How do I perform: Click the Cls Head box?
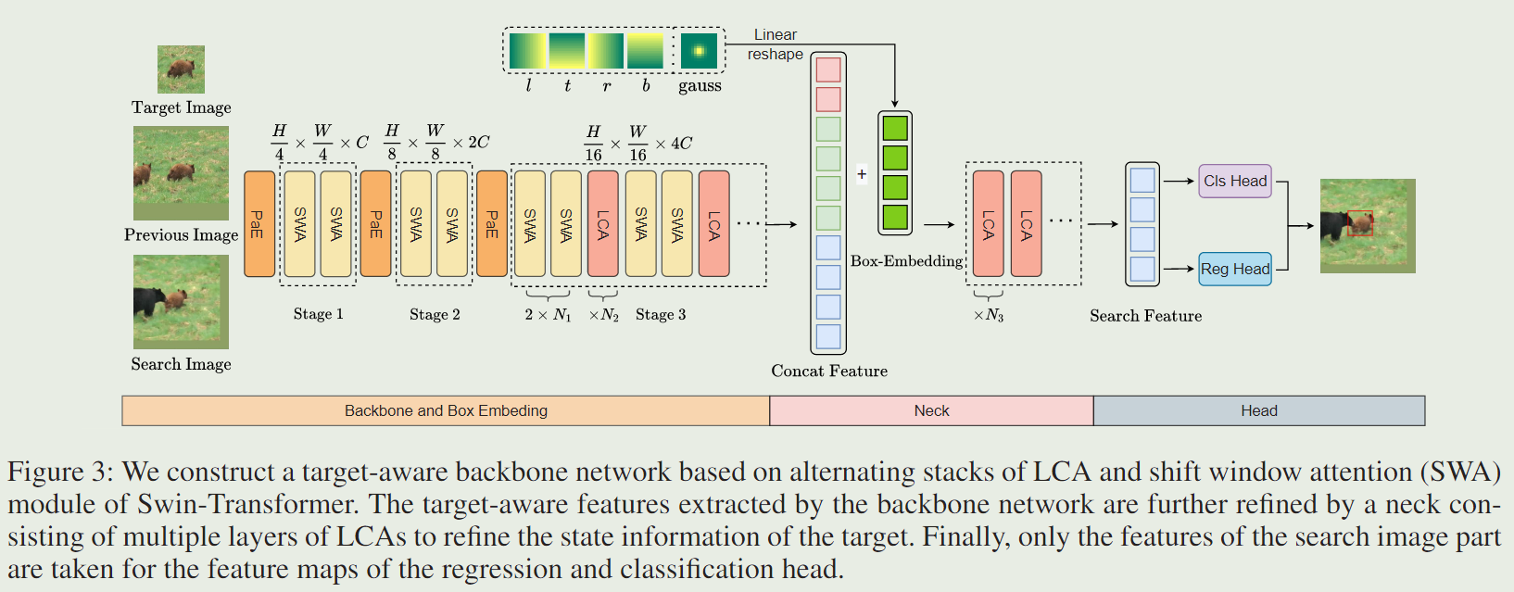point(1235,181)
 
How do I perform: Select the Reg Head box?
point(1235,269)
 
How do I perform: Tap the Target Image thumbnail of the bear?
point(181,69)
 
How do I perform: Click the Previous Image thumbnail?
point(181,173)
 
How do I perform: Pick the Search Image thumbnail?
point(181,302)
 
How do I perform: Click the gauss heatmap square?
point(699,51)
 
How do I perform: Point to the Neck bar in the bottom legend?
point(931,410)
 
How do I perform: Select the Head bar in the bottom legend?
point(1258,410)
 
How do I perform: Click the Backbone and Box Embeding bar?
point(446,410)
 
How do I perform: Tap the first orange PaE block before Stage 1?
point(259,224)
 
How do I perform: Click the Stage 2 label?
point(435,314)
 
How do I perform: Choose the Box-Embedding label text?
point(906,261)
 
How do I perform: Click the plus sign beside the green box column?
point(862,173)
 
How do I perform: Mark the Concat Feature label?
point(829,371)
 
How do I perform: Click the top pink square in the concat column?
point(828,69)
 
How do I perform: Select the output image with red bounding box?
point(1368,225)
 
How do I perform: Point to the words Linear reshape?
point(776,44)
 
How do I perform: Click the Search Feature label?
point(1145,316)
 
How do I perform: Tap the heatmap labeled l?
point(528,51)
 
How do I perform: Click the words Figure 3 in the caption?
point(58,472)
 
